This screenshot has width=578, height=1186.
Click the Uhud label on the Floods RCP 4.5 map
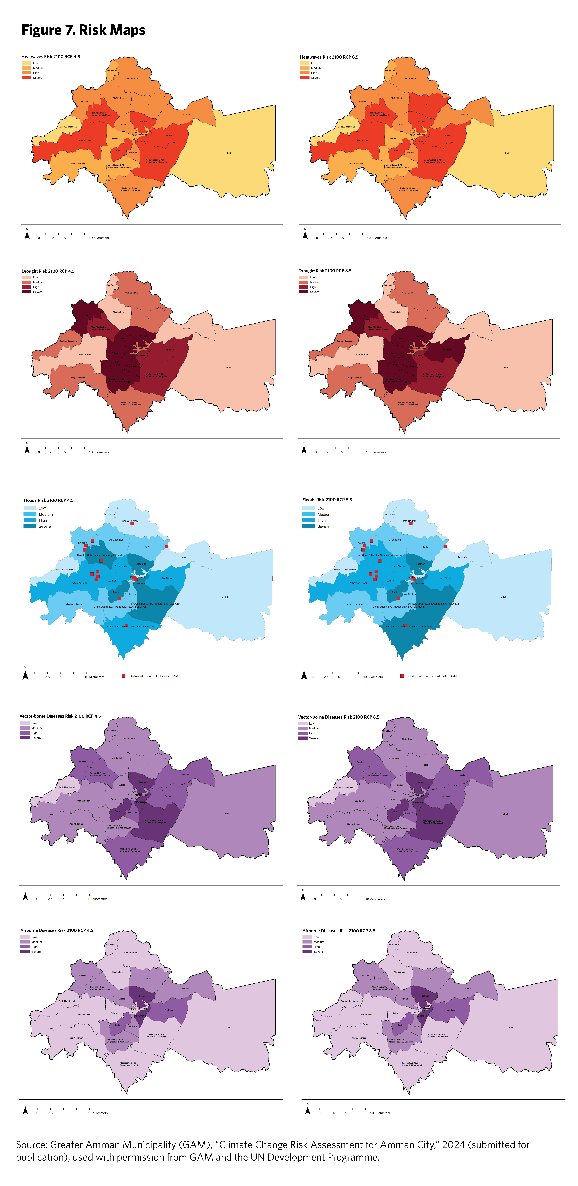point(225,597)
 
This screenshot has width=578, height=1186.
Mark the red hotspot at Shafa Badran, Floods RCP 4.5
point(132,524)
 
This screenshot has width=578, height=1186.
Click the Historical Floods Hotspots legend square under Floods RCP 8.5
point(402,676)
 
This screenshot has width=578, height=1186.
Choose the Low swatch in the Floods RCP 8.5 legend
point(308,508)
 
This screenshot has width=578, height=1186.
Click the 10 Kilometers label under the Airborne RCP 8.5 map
point(380,1113)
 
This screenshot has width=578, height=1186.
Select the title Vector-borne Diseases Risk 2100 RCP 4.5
point(60,716)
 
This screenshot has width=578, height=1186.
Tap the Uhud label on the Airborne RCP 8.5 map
point(510,1028)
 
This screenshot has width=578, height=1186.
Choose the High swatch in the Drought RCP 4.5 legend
point(26,287)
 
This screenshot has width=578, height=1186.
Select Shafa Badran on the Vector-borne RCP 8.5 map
point(408,739)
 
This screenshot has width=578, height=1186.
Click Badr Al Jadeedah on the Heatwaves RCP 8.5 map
point(346,127)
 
